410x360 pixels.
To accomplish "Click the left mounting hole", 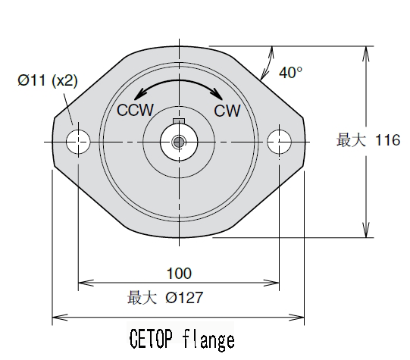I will tap(78, 141).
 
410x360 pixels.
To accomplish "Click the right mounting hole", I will tap(280, 140).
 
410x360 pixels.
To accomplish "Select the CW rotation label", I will tap(227, 111).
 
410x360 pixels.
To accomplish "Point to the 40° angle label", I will tap(290, 73).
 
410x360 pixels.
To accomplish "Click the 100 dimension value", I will tap(179, 274).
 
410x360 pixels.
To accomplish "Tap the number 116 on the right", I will tap(387, 141).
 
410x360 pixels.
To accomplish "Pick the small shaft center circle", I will tap(179, 141).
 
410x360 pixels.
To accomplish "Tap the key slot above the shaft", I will tap(179, 121).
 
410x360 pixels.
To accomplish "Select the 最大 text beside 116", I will tap(352, 141).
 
